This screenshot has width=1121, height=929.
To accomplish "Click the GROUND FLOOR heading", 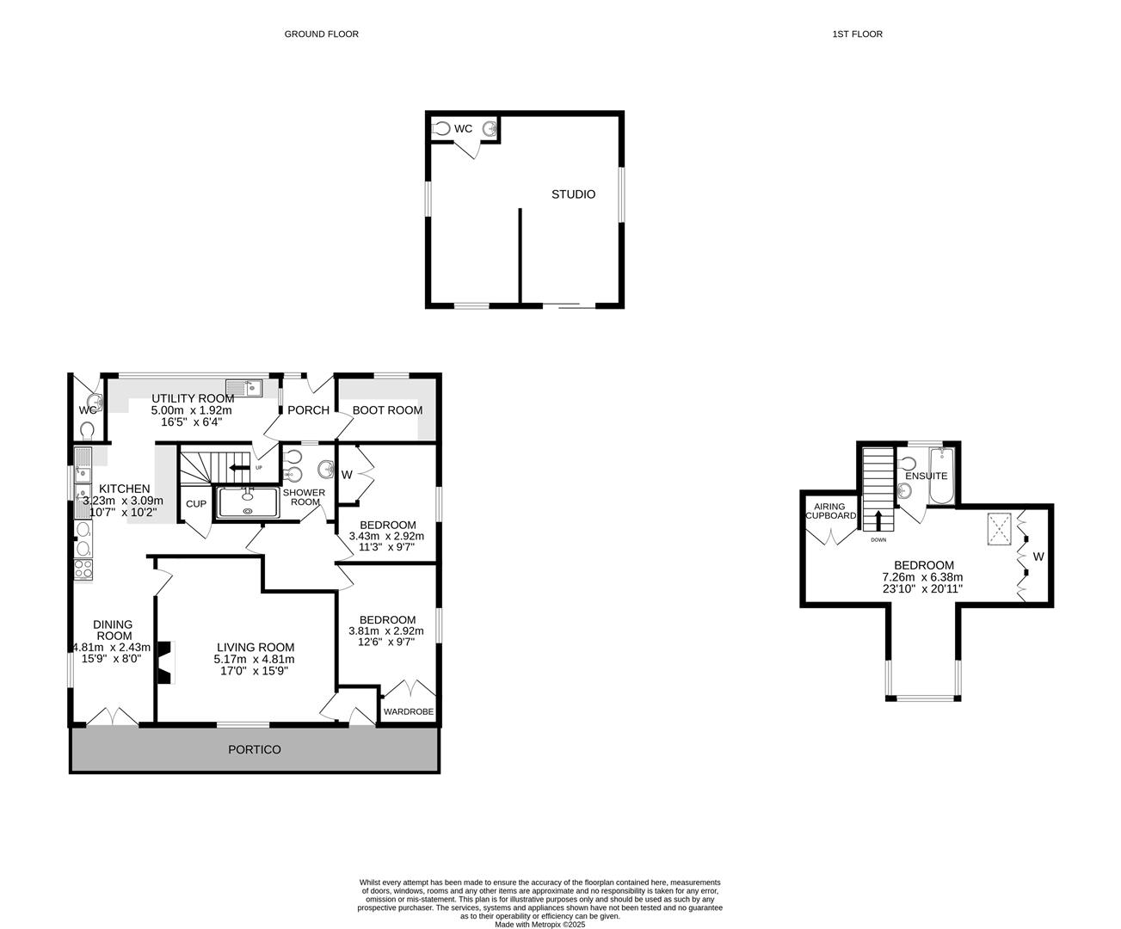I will point(321,34).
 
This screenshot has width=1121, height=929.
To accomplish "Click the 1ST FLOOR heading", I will point(857,34).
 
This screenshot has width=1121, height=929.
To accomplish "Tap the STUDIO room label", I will point(573,194).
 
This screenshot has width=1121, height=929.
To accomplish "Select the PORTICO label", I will point(255,749).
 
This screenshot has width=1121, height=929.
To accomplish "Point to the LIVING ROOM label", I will point(256,648).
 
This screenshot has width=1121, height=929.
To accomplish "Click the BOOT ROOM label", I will point(387,410).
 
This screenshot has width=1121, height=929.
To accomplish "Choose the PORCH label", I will point(308,410).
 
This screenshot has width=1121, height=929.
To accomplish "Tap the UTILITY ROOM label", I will point(193,398).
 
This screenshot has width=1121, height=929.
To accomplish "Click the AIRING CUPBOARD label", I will point(830,511).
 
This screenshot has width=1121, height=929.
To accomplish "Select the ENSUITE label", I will point(926,476).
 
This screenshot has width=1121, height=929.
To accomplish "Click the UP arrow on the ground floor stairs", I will point(234,468).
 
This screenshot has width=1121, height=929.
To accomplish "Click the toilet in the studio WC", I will point(442,129).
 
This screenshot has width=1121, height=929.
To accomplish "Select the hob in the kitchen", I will point(84,569).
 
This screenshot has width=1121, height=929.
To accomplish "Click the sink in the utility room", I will point(243,388).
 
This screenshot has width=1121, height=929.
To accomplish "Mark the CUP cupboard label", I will point(196,504).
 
